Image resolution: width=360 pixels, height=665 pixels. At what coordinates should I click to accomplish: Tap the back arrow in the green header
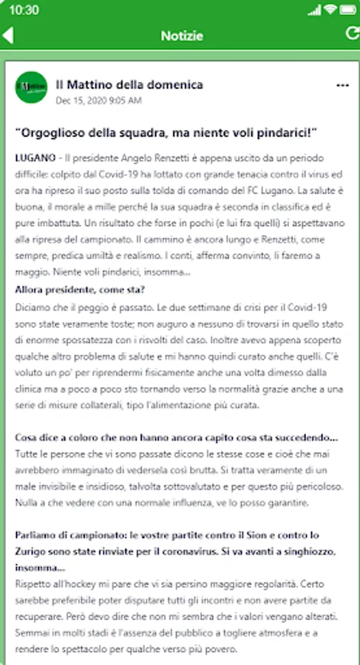tap(8, 35)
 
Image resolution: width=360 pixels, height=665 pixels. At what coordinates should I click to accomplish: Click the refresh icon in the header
tap(350, 33)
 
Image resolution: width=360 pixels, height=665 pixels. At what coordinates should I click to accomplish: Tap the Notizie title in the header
tap(182, 35)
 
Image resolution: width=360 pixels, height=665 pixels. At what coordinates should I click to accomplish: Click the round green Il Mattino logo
tap(30, 87)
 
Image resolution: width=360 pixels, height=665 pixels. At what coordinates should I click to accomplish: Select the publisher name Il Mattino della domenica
tap(129, 84)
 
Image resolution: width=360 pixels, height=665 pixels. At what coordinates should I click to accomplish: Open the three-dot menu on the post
tap(342, 86)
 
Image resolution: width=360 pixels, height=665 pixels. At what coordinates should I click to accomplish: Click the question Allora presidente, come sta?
tap(80, 290)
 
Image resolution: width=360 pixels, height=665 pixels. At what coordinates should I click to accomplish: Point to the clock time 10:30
tap(25, 10)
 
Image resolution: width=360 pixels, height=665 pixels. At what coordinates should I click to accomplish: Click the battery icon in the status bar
tap(347, 10)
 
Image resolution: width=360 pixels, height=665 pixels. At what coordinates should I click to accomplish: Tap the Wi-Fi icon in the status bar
tap(330, 10)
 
